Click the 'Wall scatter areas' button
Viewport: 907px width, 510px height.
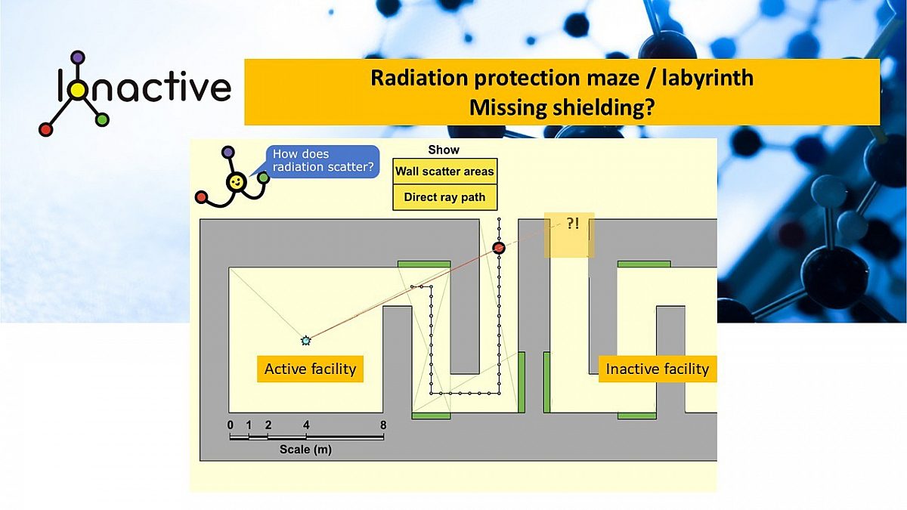444,172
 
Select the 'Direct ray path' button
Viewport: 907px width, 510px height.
444,197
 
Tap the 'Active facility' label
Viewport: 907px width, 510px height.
310,369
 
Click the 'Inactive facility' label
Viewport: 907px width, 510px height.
657,369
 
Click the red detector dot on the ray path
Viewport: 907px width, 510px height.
499,247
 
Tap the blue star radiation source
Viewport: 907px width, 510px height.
305,341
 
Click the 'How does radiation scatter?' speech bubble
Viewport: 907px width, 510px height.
322,161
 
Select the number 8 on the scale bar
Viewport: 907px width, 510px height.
384,425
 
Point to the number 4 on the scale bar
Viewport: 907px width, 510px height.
306,425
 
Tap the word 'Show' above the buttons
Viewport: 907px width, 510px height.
444,150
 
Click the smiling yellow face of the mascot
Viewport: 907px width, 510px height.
237,182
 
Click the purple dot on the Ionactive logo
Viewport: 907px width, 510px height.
77,57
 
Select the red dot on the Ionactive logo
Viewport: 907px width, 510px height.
45,129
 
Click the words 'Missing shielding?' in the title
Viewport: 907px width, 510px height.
562,107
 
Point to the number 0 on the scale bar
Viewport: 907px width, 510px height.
231,425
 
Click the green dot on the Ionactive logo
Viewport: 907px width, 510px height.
102,119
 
